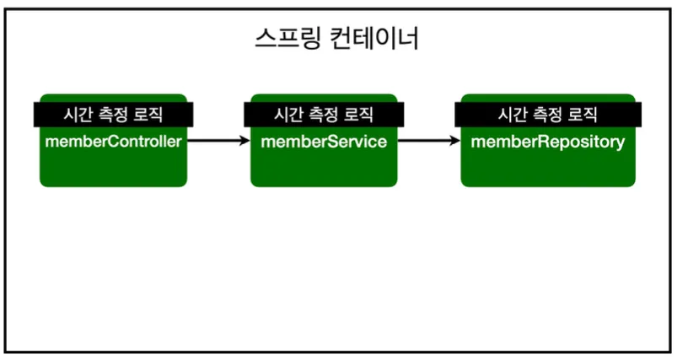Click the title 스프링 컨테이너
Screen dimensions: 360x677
pos(336,39)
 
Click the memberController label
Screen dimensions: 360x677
pos(113,141)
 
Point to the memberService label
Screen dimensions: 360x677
pos(324,141)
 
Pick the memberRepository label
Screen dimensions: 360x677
pos(548,141)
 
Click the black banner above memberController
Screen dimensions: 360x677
pos(113,114)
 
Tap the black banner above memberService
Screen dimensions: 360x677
pos(324,114)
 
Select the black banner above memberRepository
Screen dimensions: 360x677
pos(548,114)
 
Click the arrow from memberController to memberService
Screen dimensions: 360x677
pos(218,141)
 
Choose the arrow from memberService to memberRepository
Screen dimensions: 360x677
pos(428,141)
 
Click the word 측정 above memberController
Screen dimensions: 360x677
pos(113,114)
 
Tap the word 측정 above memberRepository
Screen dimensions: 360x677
pos(548,114)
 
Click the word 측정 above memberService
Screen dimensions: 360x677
pos(325,114)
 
